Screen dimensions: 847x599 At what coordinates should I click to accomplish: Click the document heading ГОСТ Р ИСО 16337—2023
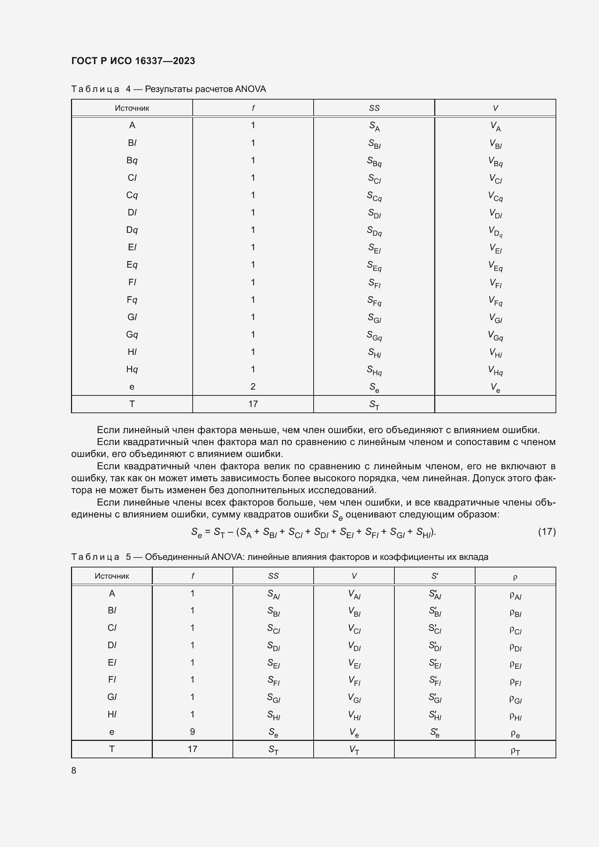click(133, 61)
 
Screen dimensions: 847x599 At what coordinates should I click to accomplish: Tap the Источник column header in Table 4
click(132, 108)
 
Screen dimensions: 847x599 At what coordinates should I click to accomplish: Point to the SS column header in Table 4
click(374, 108)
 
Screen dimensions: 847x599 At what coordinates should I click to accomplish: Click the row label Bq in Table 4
click(132, 160)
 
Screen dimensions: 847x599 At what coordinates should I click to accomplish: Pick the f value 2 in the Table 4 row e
click(253, 387)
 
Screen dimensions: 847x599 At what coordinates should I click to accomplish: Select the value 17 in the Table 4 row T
click(253, 404)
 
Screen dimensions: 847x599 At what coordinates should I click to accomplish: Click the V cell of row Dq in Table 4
click(495, 231)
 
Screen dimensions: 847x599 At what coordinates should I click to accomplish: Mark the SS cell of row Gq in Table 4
click(374, 336)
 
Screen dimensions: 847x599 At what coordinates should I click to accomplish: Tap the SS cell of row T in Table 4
click(374, 405)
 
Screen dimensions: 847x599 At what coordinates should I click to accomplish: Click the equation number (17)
click(546, 532)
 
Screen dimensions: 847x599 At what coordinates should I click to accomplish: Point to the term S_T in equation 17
click(219, 532)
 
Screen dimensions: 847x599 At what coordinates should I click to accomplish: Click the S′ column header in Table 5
click(435, 576)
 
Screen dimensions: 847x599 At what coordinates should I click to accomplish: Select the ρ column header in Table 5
click(515, 577)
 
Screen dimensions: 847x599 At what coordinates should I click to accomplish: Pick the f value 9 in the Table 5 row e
click(192, 731)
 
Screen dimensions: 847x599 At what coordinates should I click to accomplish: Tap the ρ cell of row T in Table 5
click(515, 750)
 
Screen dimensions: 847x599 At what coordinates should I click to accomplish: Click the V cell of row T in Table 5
click(354, 750)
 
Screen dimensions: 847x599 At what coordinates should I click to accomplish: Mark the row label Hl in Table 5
click(112, 714)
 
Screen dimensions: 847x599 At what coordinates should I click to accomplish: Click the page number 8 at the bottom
click(74, 770)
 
